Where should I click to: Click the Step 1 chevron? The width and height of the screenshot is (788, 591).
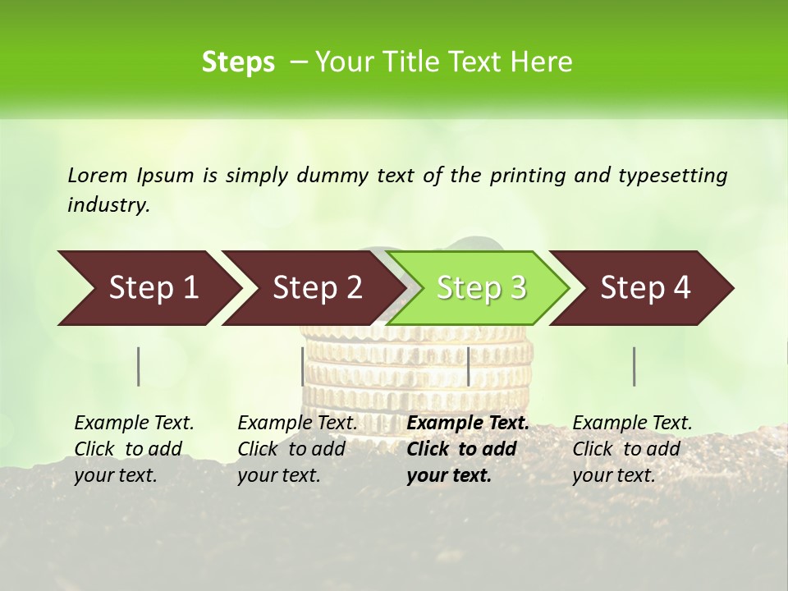[x=148, y=288]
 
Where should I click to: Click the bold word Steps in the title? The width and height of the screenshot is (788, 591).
[x=238, y=62]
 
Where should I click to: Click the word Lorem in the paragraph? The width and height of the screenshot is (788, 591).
[x=97, y=175]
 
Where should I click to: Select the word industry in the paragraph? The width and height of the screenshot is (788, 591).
[x=108, y=204]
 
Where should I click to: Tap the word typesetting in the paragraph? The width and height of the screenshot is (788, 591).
[x=672, y=175]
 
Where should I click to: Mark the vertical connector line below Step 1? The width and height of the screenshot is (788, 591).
[x=139, y=366]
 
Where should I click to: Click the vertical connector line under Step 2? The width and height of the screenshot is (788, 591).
[x=303, y=366]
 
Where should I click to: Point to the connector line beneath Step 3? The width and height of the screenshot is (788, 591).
[x=469, y=366]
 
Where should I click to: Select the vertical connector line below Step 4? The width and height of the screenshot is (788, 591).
[x=635, y=366]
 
